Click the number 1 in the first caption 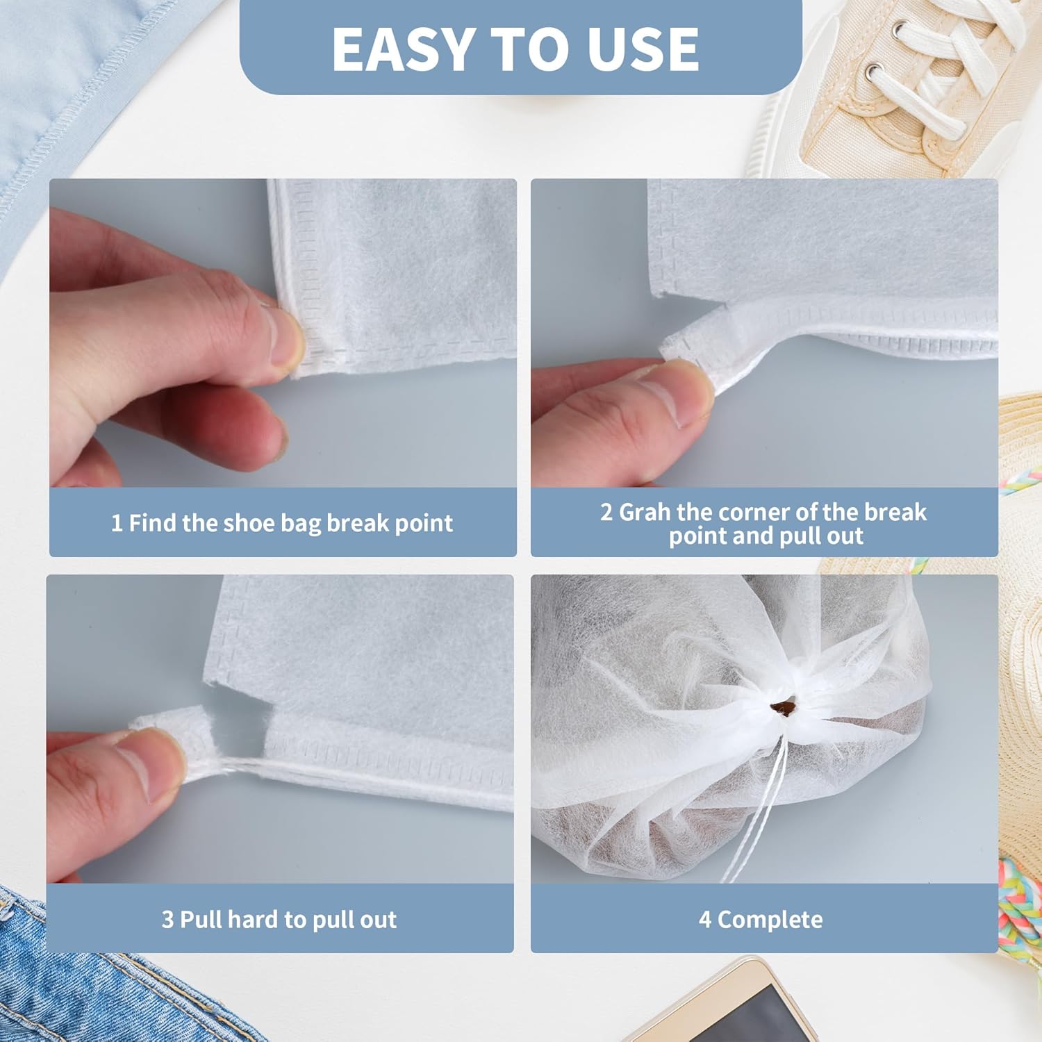point(117,523)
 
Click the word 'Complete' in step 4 point(770,920)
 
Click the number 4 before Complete point(705,920)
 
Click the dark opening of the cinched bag point(781,708)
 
